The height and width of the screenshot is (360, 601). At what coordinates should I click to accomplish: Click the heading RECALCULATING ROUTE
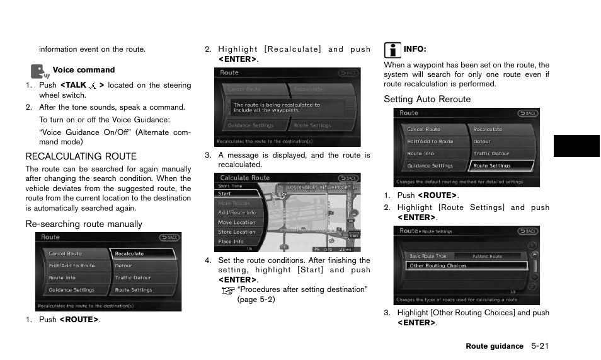[81, 156]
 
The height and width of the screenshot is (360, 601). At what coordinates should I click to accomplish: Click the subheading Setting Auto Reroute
[427, 99]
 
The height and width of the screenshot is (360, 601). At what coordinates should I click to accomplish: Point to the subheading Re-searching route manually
[84, 224]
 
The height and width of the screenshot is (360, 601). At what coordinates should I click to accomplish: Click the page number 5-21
[544, 346]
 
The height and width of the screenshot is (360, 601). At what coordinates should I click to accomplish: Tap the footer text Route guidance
[495, 346]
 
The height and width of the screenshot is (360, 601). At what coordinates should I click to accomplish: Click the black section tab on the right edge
[576, 146]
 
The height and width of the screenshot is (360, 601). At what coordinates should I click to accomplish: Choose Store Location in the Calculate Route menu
[237, 232]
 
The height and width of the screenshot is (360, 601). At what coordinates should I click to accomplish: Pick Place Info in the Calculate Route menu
[231, 241]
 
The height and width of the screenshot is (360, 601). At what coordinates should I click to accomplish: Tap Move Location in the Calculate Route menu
[237, 223]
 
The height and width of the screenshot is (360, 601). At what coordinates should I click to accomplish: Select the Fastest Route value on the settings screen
[487, 256]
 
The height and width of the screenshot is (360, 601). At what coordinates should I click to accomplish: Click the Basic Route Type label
[428, 256]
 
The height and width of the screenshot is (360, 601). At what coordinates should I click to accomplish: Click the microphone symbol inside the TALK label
[93, 85]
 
